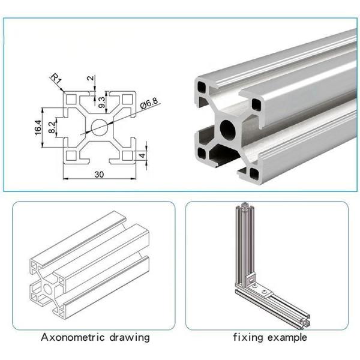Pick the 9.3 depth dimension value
[x=101, y=102]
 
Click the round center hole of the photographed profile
[x=229, y=128]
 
